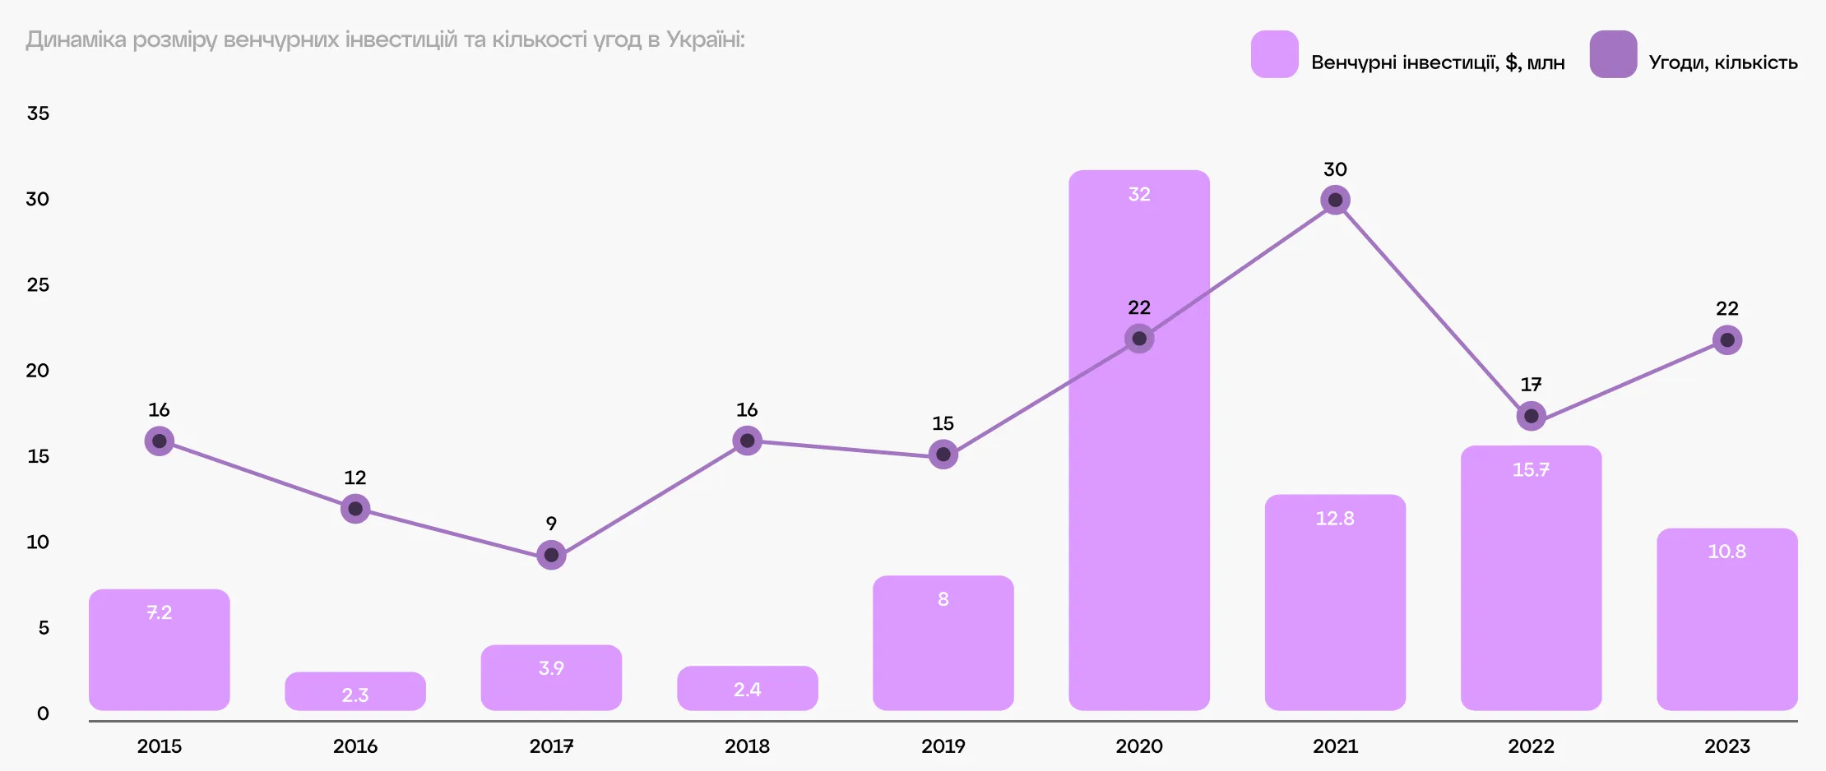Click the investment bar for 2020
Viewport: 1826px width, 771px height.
(1139, 493)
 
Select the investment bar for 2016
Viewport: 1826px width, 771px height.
(355, 691)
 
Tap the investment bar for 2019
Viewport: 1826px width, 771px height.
(943, 649)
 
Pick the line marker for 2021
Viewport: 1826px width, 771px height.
(1335, 200)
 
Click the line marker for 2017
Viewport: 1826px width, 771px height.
(551, 555)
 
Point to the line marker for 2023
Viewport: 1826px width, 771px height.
(1727, 340)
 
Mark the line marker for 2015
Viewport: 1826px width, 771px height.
(160, 441)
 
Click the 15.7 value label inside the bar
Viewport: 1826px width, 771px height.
(1531, 469)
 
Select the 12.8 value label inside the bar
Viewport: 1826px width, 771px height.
(1335, 519)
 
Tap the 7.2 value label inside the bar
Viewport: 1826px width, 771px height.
(160, 612)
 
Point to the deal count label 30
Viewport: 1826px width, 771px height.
(1335, 169)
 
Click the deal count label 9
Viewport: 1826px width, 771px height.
(551, 524)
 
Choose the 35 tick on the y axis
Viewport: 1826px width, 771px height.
(38, 113)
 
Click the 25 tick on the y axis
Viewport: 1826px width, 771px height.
(38, 285)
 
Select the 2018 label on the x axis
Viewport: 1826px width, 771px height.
(747, 746)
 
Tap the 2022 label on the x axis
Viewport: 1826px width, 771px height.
(1531, 746)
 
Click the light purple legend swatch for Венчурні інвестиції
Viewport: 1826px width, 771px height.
(1274, 54)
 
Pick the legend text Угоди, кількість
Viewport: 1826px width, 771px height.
(1723, 62)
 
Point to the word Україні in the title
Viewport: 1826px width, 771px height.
(705, 39)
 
